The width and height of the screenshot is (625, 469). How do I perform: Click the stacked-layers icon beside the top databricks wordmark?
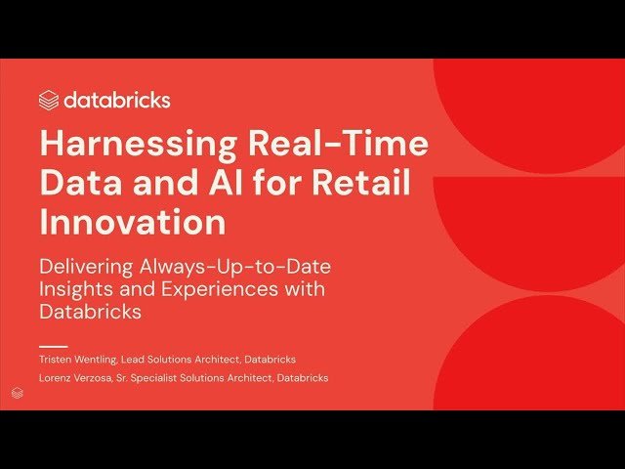coord(49,100)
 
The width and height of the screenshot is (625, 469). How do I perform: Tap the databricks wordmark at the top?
coord(117,100)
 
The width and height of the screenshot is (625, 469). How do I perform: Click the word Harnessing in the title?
coord(128,145)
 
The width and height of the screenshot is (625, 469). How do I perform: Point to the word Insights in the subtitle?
coord(80,289)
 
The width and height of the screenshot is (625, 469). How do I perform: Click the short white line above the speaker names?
coord(53,346)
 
